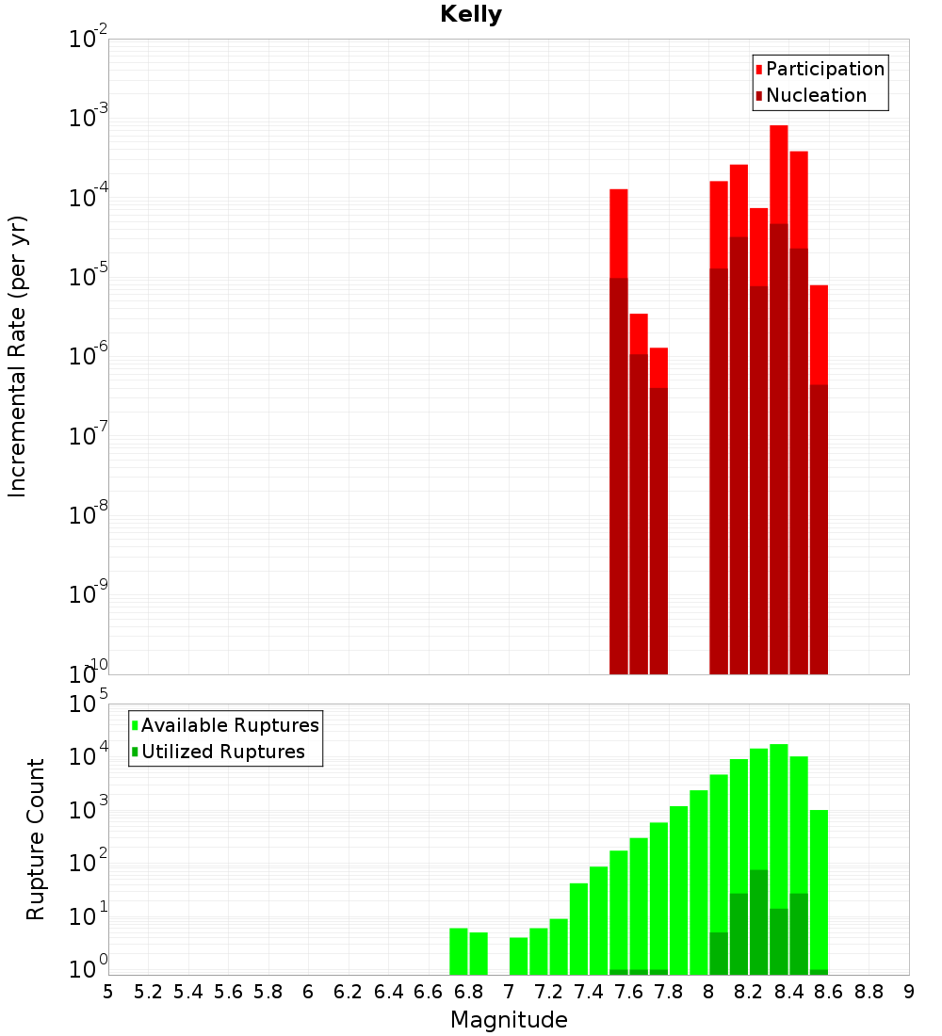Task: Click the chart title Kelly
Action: coord(471,15)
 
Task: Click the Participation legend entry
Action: coord(825,69)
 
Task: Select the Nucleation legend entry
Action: coord(816,95)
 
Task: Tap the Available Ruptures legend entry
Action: coord(230,725)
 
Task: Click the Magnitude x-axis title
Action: coord(509,1020)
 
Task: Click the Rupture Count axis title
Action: coord(36,839)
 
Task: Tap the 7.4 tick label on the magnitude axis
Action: coord(589,992)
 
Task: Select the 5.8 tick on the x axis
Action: coord(268,992)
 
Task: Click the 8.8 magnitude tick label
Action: coord(869,992)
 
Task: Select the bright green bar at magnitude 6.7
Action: coord(459,951)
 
